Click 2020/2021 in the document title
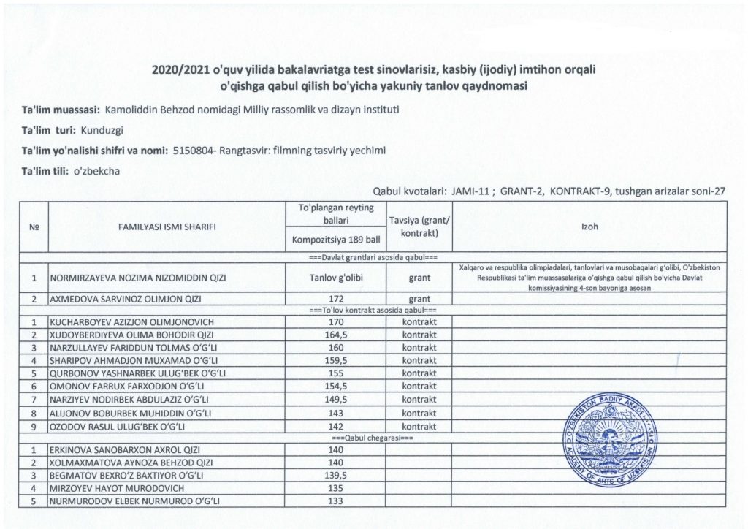click(178, 71)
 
